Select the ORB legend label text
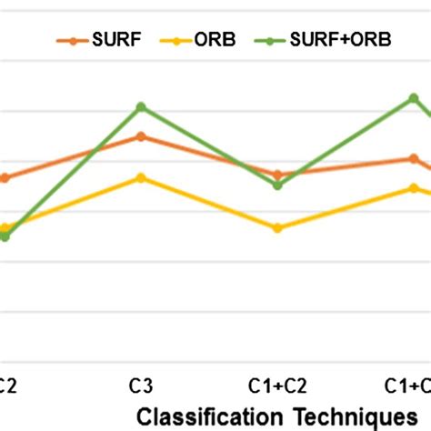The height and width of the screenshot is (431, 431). tap(214, 40)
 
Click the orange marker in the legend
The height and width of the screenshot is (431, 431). tap(67, 40)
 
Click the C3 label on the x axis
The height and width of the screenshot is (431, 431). tap(140, 386)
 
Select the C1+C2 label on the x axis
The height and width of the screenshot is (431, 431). tap(277, 386)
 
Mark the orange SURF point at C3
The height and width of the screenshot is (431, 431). tap(140, 136)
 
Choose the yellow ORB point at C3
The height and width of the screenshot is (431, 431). tap(140, 178)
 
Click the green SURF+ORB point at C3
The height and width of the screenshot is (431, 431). tap(140, 107)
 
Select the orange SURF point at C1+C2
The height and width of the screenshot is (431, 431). tap(277, 175)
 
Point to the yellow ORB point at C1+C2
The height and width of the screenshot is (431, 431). tap(277, 228)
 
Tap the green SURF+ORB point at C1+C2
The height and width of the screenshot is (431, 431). tap(277, 185)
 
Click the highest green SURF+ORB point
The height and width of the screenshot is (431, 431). tap(414, 97)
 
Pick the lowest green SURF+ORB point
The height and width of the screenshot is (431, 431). tap(5, 236)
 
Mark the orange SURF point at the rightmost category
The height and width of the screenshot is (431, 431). tap(414, 158)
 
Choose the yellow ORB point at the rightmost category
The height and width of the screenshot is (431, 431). tap(414, 188)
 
